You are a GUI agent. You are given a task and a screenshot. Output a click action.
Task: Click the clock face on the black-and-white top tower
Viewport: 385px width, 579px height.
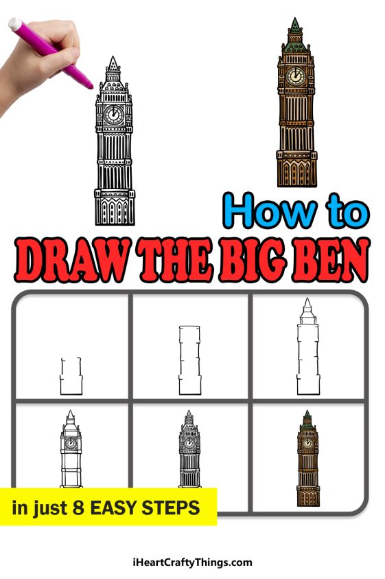click(114, 114)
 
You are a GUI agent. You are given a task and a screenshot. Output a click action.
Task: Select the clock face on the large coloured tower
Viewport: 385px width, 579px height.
click(296, 75)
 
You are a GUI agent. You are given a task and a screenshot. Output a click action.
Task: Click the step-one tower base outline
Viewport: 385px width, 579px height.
click(71, 377)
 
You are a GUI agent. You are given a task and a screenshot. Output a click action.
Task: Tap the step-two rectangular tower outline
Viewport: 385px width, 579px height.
click(188, 361)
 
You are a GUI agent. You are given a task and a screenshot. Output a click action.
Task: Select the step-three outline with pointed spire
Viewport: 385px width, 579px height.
click(306, 351)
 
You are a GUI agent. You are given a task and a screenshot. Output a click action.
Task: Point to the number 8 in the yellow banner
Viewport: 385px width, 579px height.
click(66, 509)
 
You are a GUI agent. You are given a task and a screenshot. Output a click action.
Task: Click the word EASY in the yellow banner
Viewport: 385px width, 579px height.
click(113, 509)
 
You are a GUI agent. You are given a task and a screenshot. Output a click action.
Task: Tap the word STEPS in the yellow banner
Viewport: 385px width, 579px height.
click(176, 509)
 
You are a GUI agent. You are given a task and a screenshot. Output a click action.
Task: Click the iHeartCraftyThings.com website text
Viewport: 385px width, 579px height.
click(192, 562)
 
